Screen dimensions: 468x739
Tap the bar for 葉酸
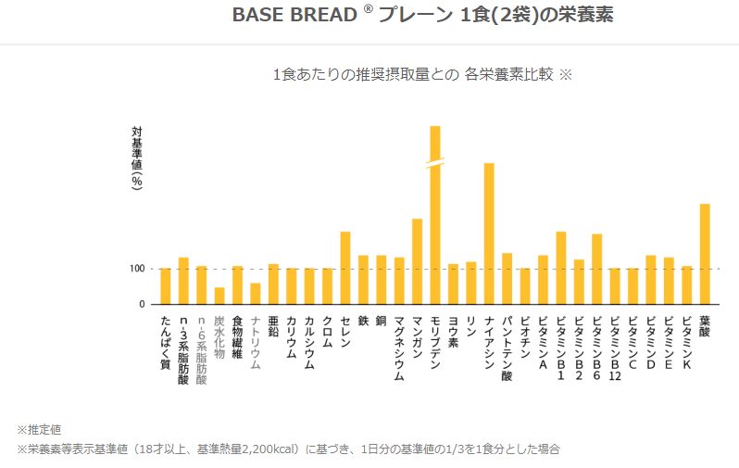point(705,254)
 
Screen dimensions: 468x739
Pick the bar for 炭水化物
point(219,296)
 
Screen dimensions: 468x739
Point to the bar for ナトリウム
point(256,294)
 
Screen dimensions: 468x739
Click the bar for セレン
point(345,268)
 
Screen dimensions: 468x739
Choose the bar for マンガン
point(418,261)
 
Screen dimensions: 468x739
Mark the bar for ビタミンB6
point(597,269)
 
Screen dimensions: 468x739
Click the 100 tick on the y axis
point(136,269)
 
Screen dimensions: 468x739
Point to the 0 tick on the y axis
point(142,304)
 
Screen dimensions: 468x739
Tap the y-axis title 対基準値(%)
point(137,158)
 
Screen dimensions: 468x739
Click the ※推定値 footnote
point(39,430)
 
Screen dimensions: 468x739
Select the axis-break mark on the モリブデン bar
point(435,163)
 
